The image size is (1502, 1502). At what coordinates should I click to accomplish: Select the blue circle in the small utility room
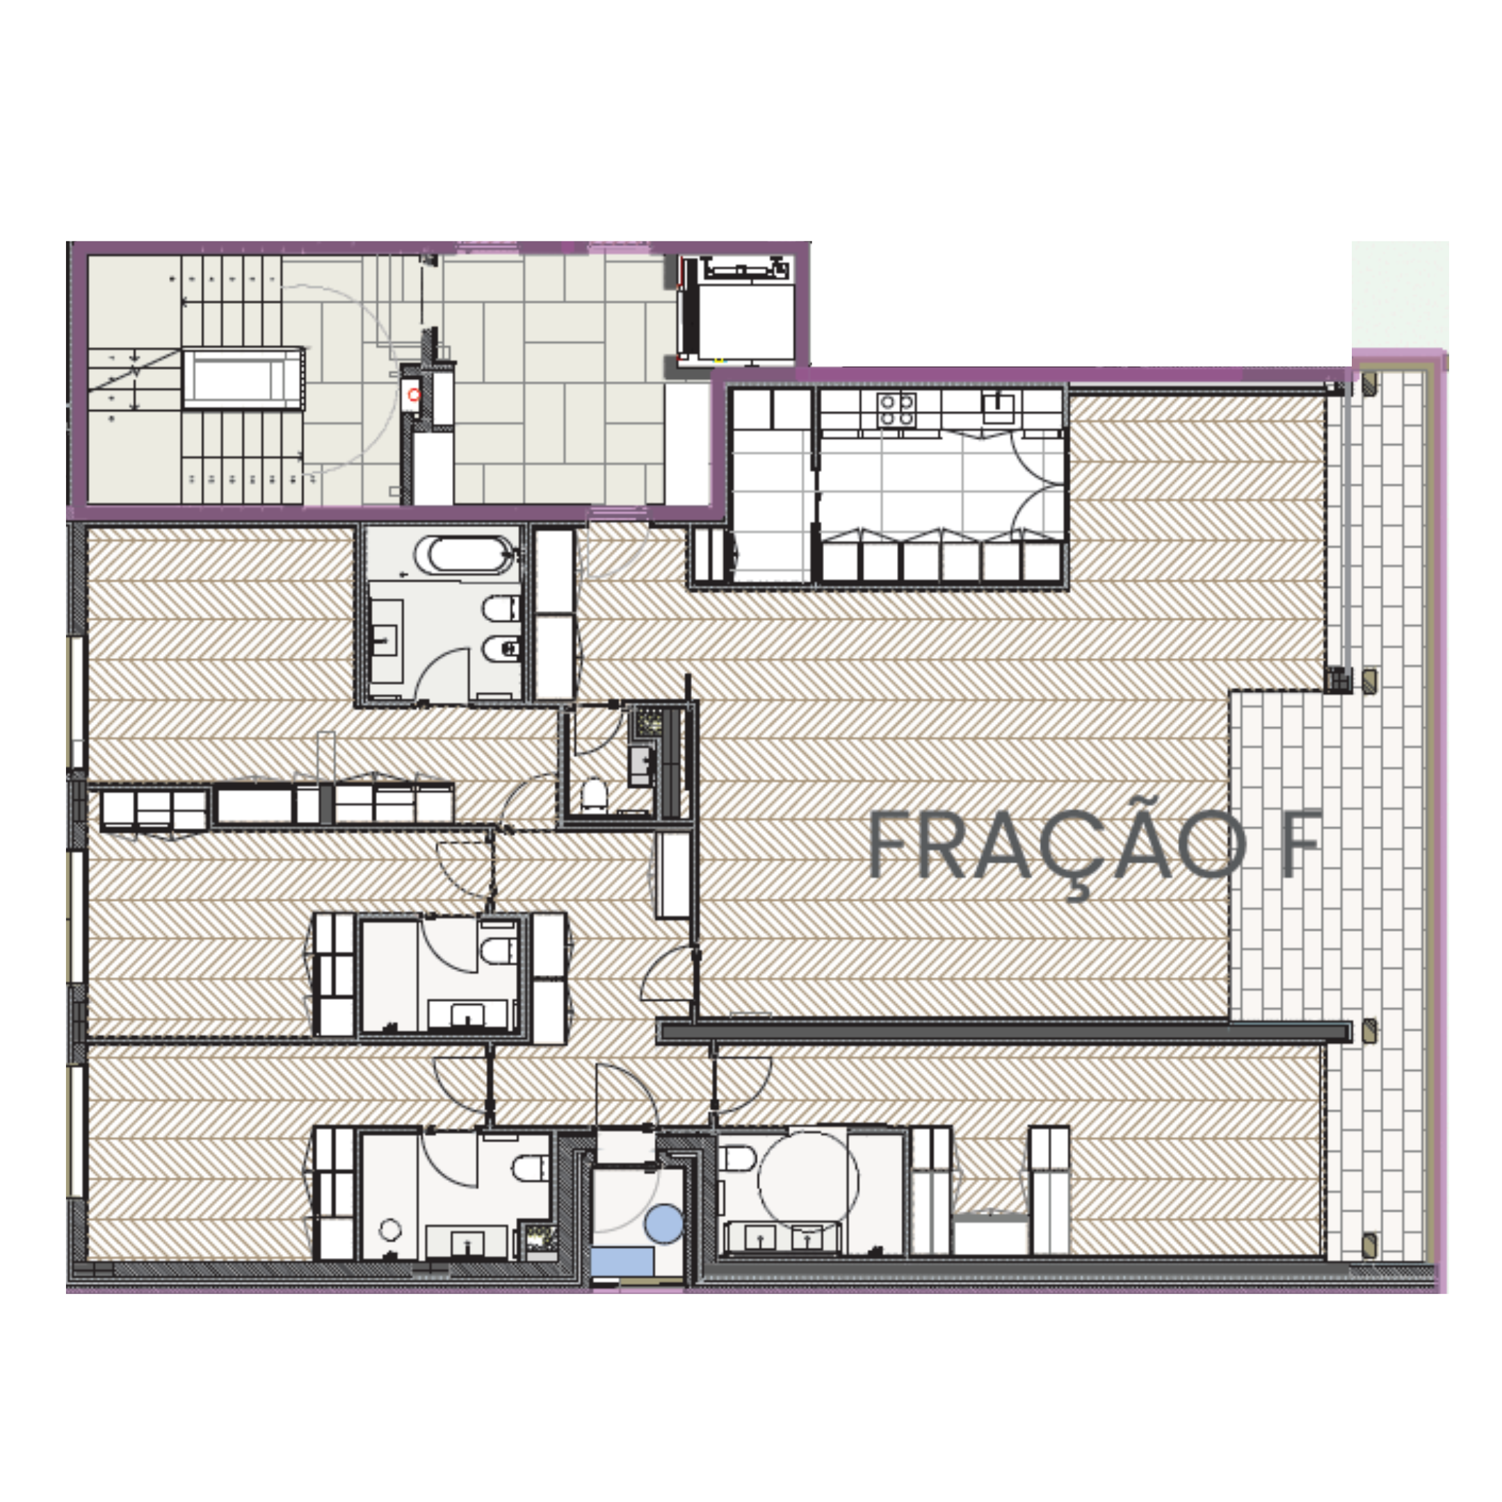[x=664, y=1223]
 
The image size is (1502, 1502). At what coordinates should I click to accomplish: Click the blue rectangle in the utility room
[x=621, y=1261]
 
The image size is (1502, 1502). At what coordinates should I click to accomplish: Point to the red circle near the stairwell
[x=414, y=395]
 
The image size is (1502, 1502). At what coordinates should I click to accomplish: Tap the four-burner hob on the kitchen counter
[x=896, y=410]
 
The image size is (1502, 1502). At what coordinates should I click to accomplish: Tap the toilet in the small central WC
[x=594, y=793]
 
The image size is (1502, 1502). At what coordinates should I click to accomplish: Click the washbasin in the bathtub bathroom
[x=383, y=641]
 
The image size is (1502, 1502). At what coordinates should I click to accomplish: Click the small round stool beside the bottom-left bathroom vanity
[x=390, y=1229]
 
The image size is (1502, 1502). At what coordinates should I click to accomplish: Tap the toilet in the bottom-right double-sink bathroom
[x=736, y=1158]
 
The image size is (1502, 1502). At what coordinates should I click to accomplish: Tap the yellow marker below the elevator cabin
[x=719, y=361]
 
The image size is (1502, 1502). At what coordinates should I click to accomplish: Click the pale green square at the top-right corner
[x=1399, y=294]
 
